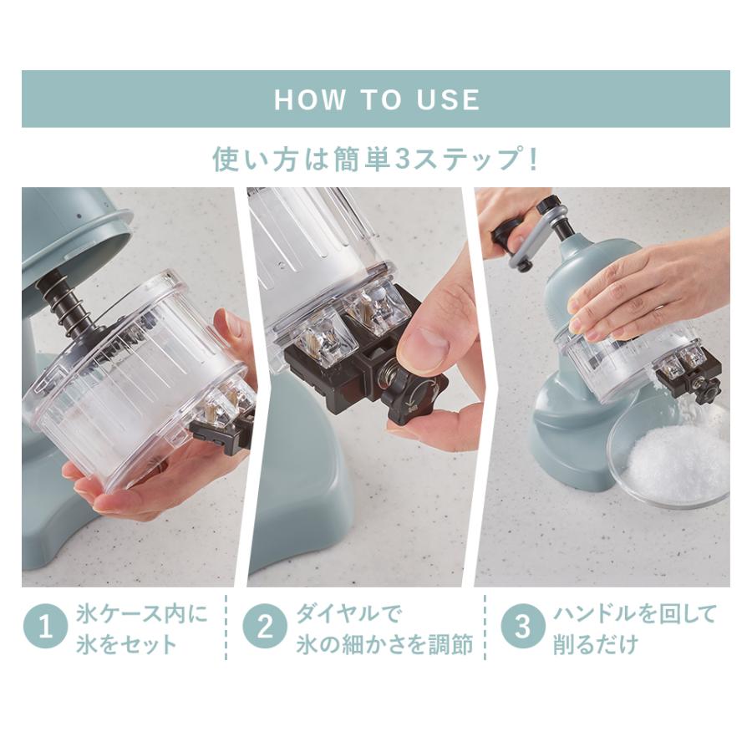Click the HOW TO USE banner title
(376, 99)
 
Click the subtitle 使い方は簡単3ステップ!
(375, 159)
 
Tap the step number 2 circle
(264, 628)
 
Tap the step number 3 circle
(521, 628)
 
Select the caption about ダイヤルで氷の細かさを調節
(384, 628)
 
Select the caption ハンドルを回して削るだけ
(633, 628)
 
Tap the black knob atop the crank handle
(548, 206)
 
